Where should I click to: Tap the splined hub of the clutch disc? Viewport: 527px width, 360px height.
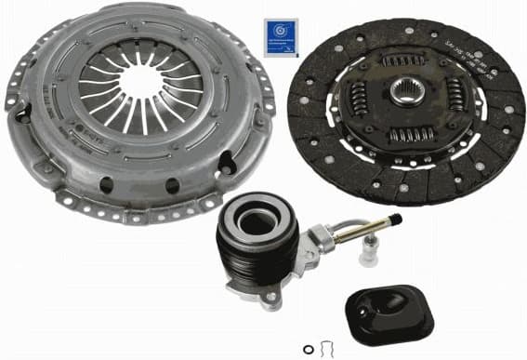(408, 98)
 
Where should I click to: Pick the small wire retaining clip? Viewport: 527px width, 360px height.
(325, 348)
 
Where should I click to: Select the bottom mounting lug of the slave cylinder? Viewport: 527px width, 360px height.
(269, 300)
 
